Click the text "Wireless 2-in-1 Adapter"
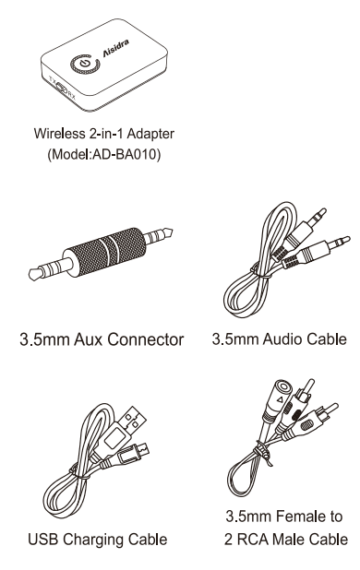(x=103, y=136)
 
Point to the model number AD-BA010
(x=119, y=154)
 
